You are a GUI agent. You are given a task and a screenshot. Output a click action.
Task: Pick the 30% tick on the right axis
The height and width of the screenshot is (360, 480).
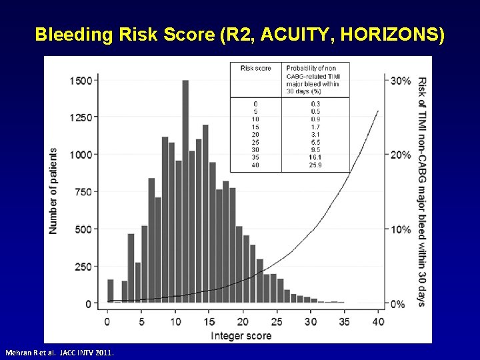401,81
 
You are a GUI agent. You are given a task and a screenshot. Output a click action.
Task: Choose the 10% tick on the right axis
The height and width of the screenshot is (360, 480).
401,229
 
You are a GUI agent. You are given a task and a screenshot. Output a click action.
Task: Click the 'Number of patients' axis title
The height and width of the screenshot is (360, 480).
53,191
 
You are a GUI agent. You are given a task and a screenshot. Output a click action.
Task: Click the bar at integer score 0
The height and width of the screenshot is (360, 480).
111,291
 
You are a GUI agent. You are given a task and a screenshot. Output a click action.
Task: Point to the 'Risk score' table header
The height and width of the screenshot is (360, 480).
255,68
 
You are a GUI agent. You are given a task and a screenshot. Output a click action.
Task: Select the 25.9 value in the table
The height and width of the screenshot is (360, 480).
315,165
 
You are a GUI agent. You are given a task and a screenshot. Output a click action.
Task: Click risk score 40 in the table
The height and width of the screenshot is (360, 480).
255,165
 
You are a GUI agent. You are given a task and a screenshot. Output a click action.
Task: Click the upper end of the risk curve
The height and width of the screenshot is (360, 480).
378,111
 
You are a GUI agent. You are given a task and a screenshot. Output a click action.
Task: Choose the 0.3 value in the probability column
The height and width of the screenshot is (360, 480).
315,104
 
